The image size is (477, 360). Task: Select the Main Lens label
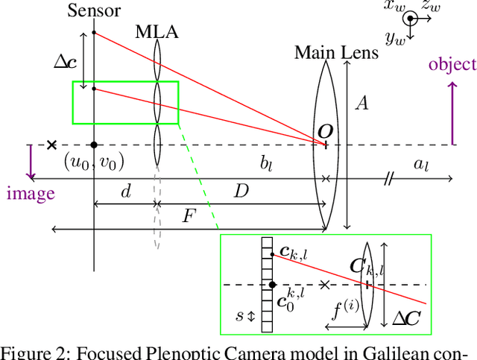click(336, 53)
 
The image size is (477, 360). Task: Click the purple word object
click(452, 64)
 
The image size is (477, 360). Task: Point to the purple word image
click(31, 194)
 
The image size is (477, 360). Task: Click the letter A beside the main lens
click(361, 104)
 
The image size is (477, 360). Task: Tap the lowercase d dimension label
click(126, 192)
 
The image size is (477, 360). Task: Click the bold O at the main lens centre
click(325, 132)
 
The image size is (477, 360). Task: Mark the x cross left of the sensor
click(51, 145)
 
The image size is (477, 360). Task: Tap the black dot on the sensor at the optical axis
click(94, 145)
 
